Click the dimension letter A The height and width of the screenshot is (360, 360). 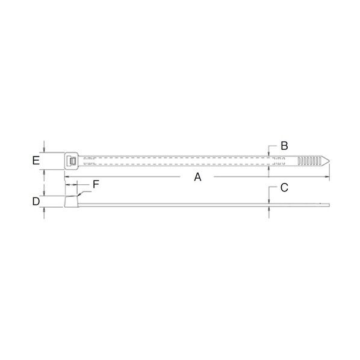pyautogui.click(x=196, y=176)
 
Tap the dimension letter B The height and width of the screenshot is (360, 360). pyautogui.click(x=284, y=146)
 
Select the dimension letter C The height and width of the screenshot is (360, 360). pyautogui.click(x=284, y=187)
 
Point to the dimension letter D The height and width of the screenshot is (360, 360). pyautogui.click(x=36, y=200)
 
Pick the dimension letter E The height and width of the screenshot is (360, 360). pyautogui.click(x=36, y=161)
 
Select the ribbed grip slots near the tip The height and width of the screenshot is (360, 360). pyautogui.click(x=309, y=161)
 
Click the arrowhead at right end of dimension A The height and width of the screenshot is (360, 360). pyautogui.click(x=327, y=176)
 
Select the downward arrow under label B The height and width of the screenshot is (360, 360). pyautogui.click(x=268, y=152)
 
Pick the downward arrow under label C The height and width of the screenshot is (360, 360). pyautogui.click(x=268, y=199)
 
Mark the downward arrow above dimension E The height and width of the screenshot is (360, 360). pyautogui.click(x=45, y=150)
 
